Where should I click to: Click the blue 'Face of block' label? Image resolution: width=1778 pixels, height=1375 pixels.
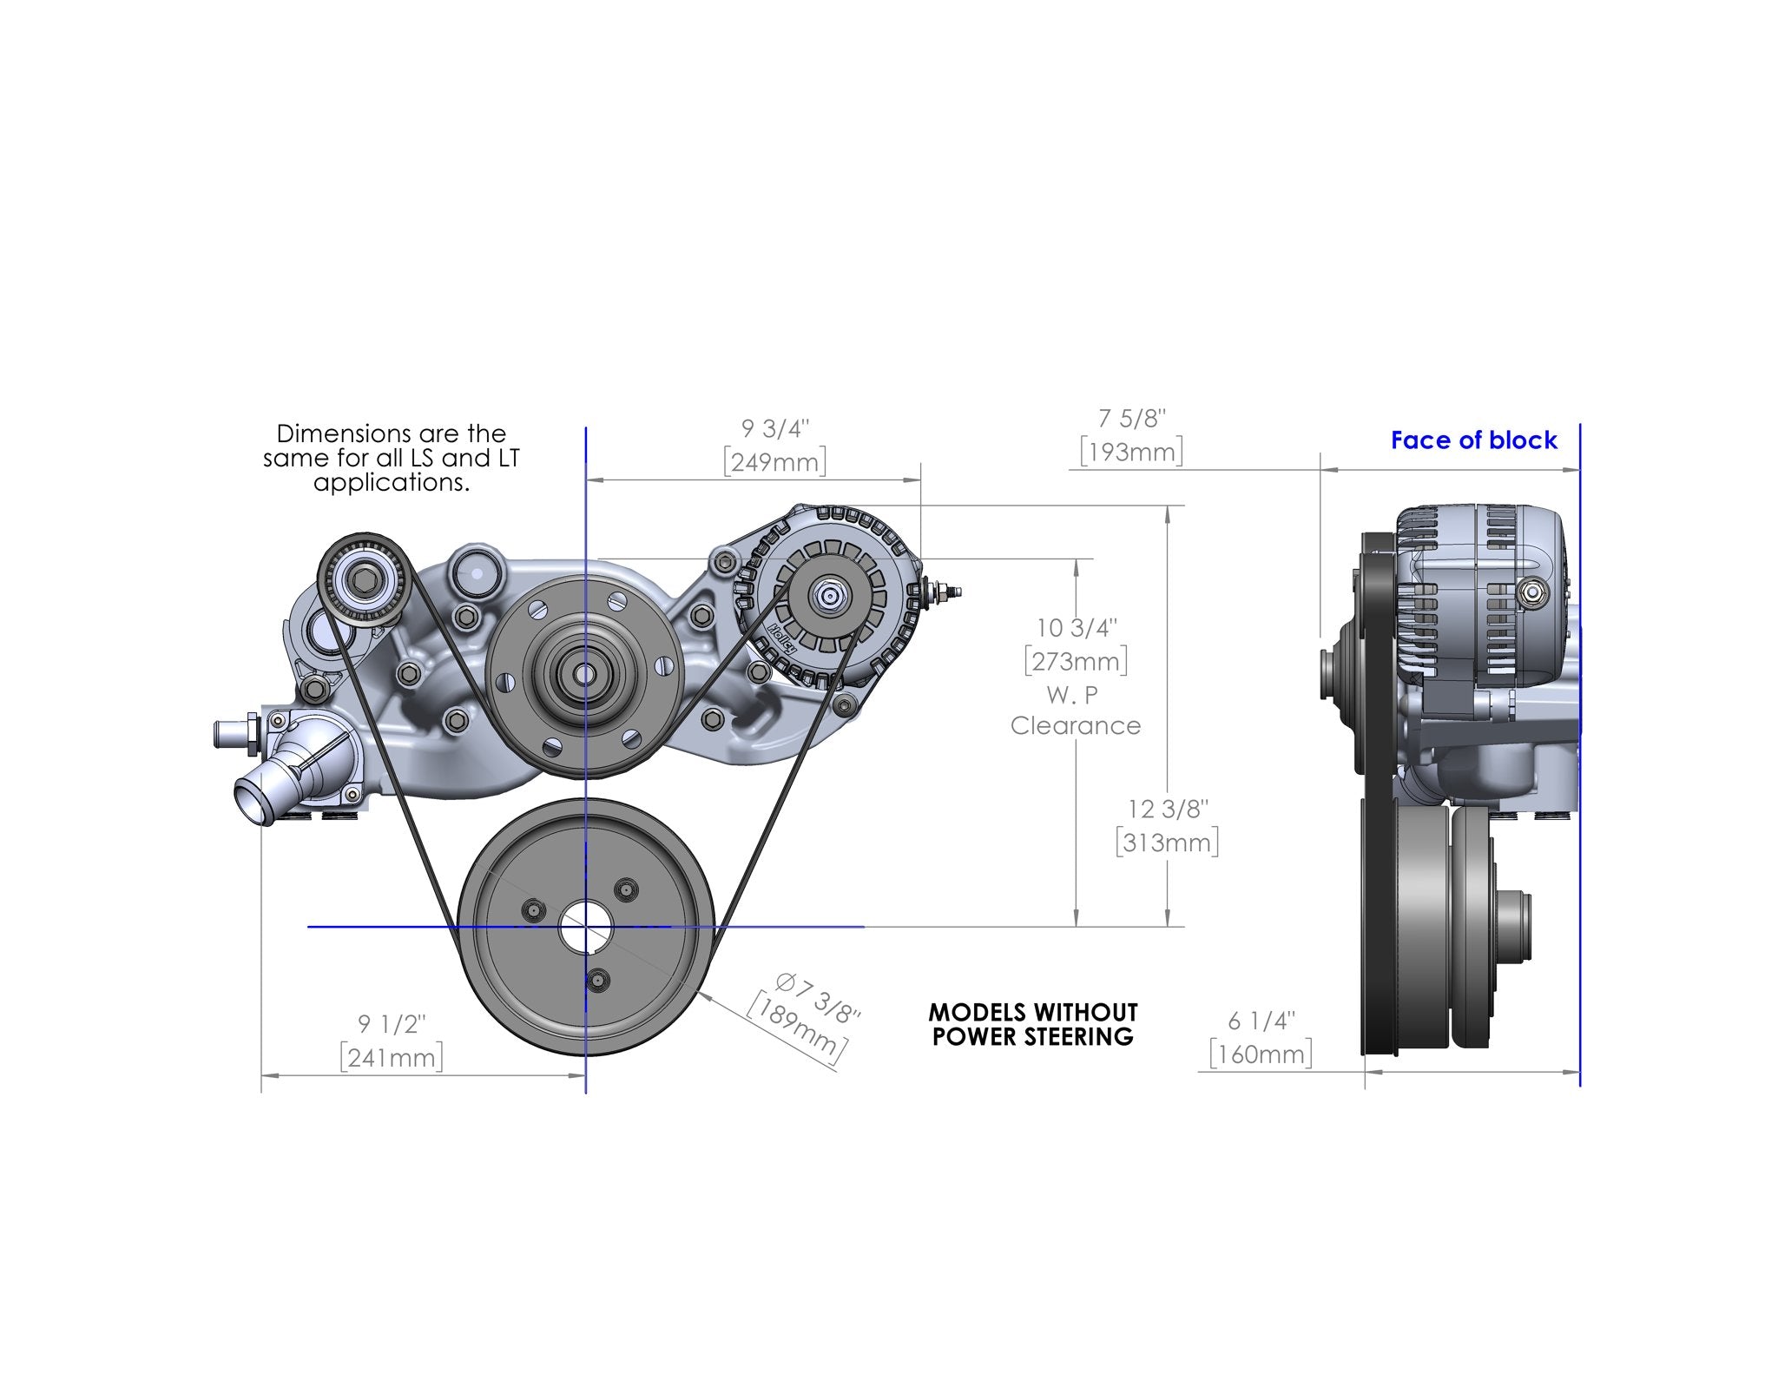pyautogui.click(x=1473, y=440)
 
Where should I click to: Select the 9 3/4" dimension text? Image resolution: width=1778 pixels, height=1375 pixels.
pyautogui.click(x=774, y=428)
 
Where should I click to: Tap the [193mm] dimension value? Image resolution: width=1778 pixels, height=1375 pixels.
pyautogui.click(x=1131, y=453)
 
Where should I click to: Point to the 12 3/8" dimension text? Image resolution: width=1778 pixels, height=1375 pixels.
pyautogui.click(x=1167, y=809)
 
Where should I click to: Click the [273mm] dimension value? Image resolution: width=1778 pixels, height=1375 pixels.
pyautogui.click(x=1076, y=662)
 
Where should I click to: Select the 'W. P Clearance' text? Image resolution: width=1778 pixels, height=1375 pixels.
pyautogui.click(x=1075, y=711)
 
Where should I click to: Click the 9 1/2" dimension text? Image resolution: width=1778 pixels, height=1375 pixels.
pyautogui.click(x=392, y=1024)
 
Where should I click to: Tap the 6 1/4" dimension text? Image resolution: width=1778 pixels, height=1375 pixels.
pyautogui.click(x=1261, y=1021)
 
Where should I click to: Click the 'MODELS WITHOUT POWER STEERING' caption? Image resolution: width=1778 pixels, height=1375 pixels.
pyautogui.click(x=1032, y=1024)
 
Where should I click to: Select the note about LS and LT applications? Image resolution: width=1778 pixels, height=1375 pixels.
pyautogui.click(x=391, y=458)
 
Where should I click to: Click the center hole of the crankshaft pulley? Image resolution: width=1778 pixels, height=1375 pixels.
pyautogui.click(x=585, y=928)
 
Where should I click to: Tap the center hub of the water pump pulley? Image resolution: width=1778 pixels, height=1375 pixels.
pyautogui.click(x=583, y=671)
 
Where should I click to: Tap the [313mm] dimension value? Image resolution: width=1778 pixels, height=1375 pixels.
pyautogui.click(x=1167, y=843)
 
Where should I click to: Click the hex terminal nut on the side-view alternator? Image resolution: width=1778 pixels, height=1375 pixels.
pyautogui.click(x=1532, y=592)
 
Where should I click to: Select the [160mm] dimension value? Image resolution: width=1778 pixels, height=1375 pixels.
pyautogui.click(x=1261, y=1054)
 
